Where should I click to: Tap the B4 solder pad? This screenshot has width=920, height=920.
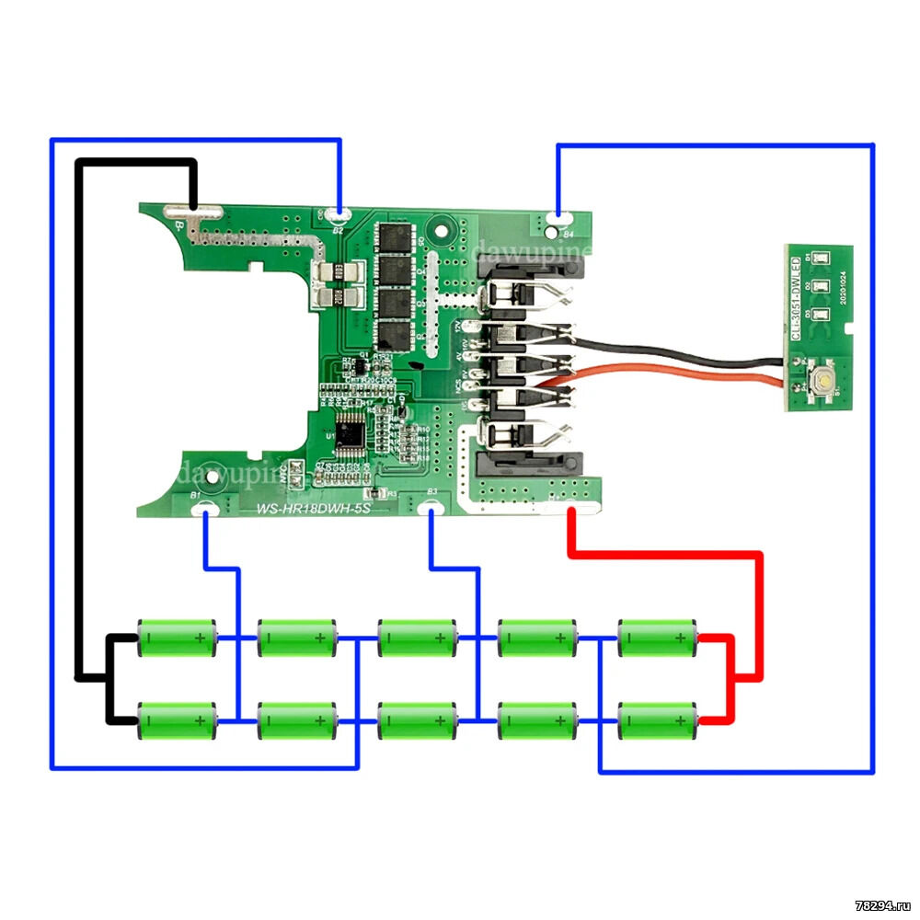tap(558, 220)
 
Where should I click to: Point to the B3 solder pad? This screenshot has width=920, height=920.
tap(429, 507)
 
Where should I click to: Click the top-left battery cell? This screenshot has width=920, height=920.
tap(177, 637)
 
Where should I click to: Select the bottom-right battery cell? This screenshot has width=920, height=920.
tap(657, 720)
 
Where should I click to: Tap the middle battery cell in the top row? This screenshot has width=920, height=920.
tap(417, 637)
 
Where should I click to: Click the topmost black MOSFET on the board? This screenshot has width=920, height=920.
tap(398, 236)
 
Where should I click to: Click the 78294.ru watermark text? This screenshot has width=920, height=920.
tap(880, 905)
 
